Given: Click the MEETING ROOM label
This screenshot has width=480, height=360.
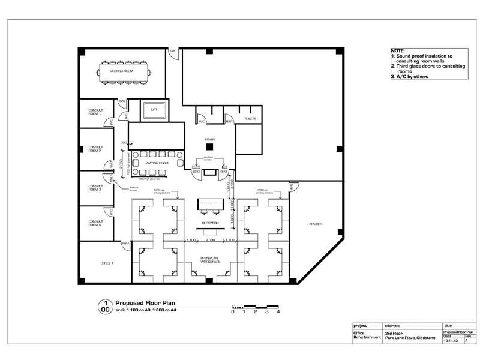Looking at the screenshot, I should pos(121,71).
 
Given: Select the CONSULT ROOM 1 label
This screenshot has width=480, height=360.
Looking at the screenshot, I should pos(96,113).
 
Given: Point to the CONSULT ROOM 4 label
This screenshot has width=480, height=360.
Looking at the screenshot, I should pos(96,222).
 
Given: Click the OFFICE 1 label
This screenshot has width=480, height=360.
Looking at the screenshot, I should pos(107,263).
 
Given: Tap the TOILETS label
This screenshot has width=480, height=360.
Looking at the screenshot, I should pos(250,119).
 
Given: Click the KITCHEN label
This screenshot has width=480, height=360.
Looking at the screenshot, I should pos(316,224).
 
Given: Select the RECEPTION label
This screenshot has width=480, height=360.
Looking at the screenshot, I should pos(210,223).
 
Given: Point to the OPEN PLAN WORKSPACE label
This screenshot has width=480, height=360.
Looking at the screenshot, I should pos(210,261).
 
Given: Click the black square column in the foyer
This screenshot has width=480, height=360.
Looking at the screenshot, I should pos(210,145).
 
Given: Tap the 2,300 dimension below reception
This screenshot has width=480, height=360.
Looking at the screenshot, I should pos(210,240).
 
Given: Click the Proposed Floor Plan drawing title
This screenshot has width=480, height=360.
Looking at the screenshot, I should pos(145,304).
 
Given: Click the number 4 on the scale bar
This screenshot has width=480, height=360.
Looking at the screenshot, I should pos(278,311).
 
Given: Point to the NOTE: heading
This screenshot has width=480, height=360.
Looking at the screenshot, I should pos(397,50).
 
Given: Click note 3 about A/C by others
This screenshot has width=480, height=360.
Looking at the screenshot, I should pos(410,77).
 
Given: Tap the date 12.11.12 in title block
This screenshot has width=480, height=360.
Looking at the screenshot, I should pos(451,340).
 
